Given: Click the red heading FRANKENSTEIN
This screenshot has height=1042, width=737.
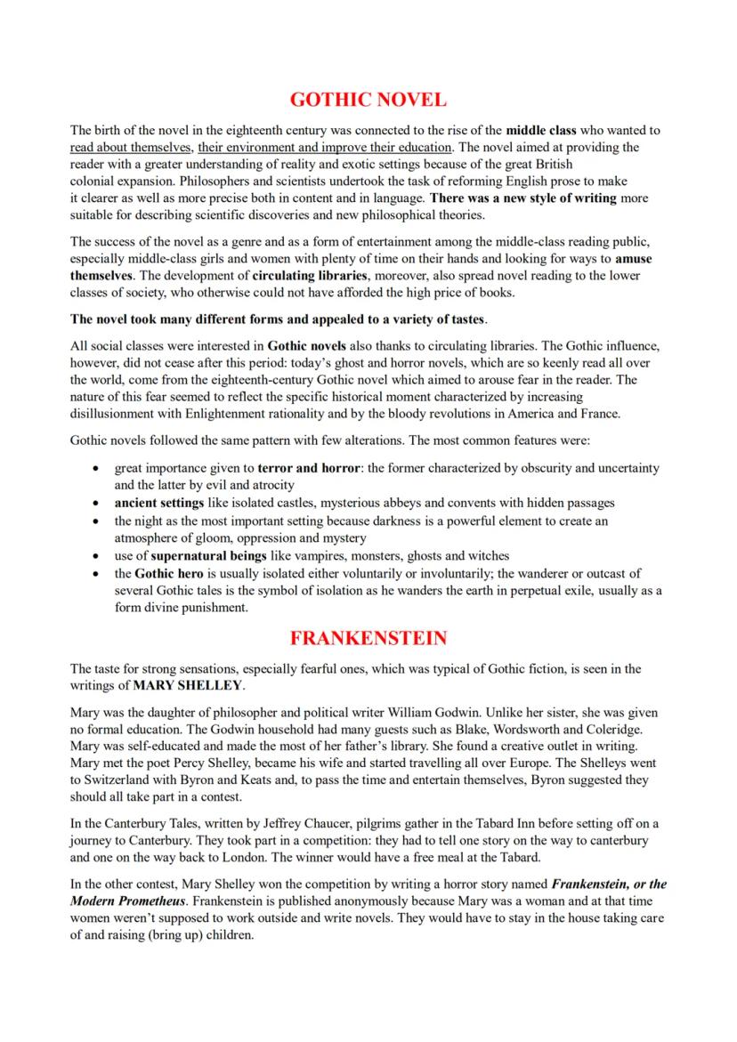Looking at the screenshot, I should pos(368,638).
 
